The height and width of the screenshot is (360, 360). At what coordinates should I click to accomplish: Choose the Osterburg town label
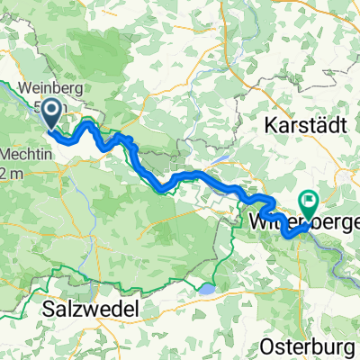311,346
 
